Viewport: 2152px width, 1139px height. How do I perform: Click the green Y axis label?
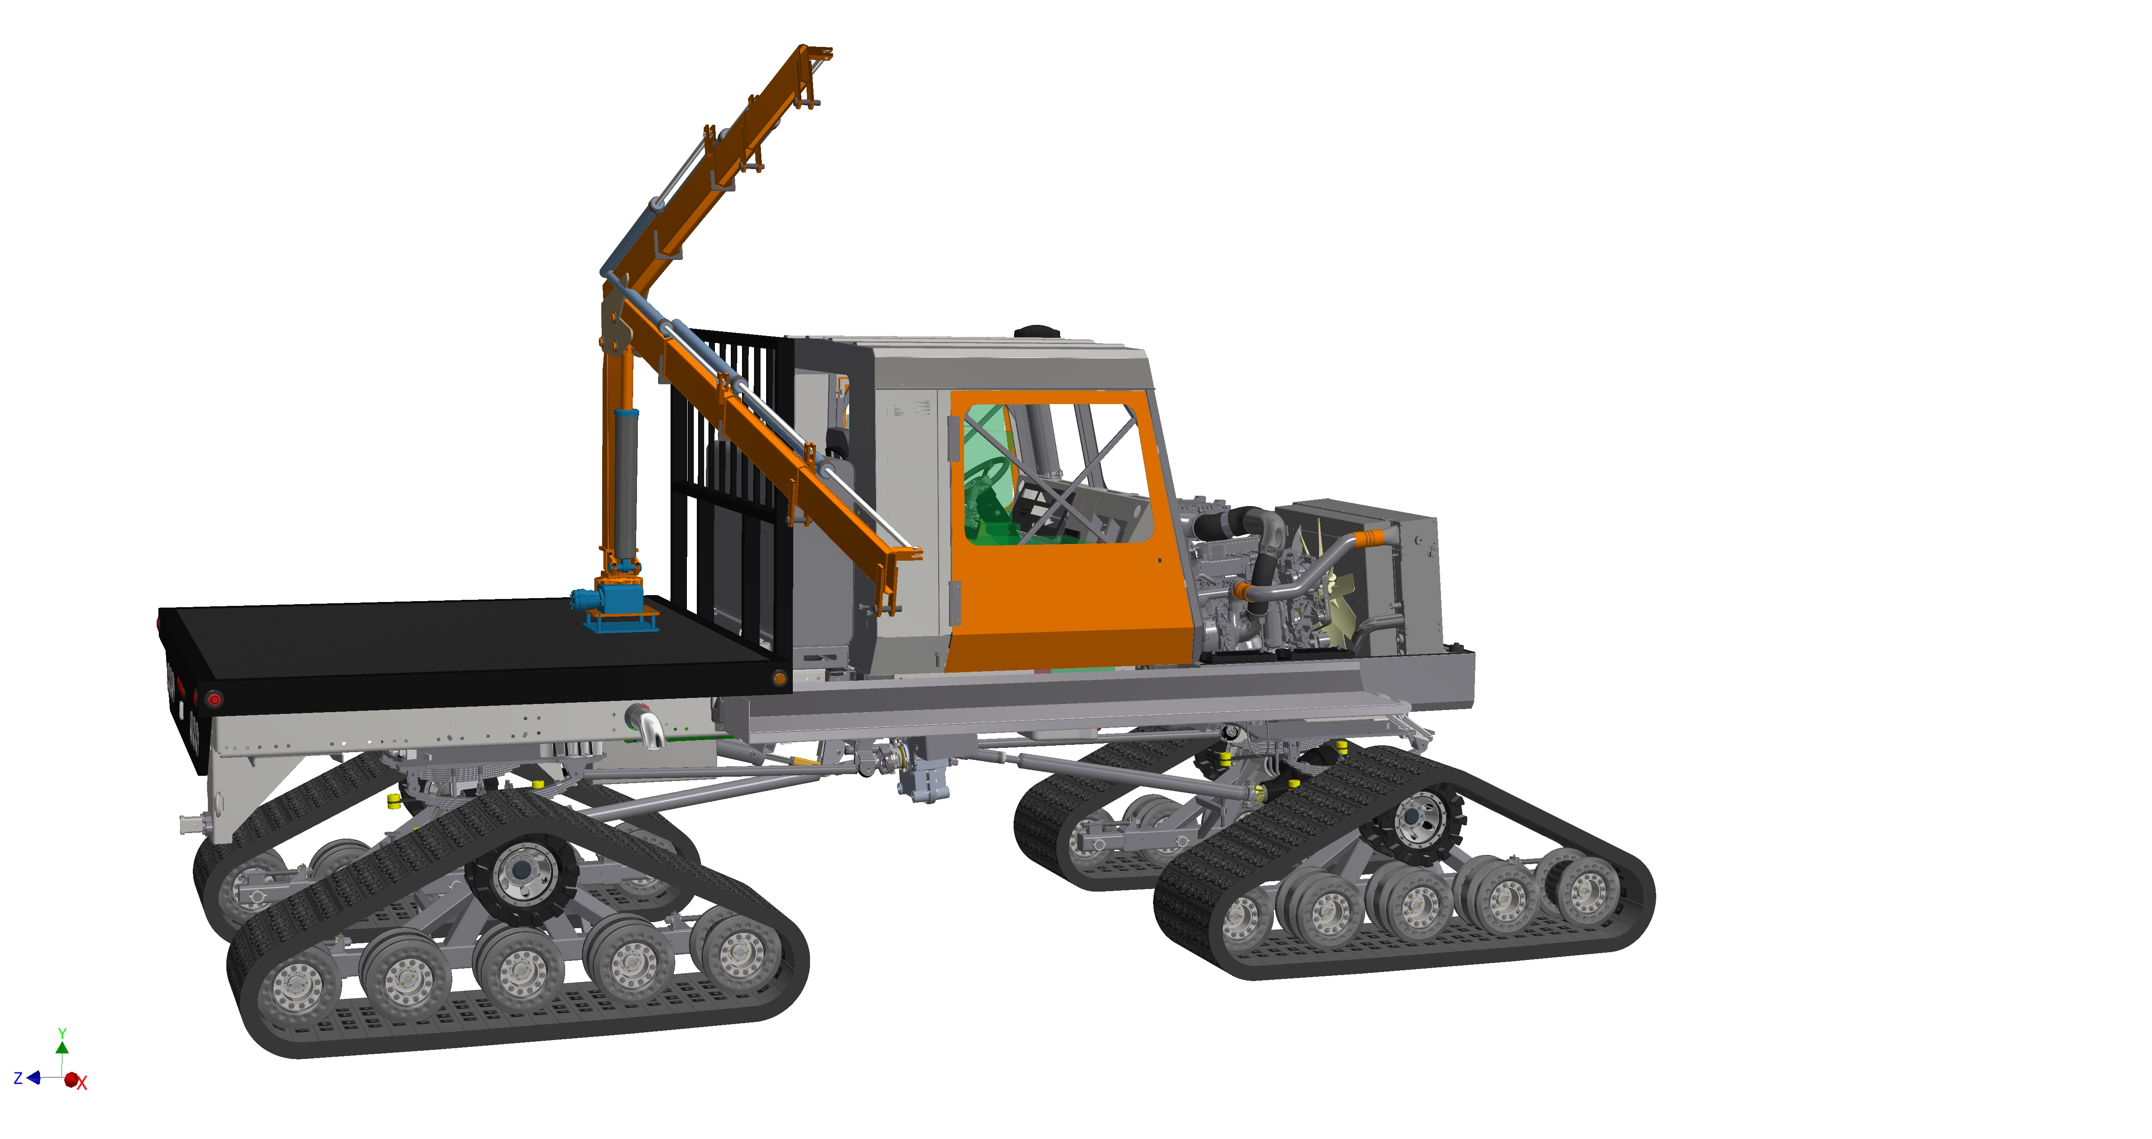(x=62, y=1034)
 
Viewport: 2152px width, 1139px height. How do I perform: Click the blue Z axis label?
(x=18, y=1078)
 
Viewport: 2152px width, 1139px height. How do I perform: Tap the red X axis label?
(x=82, y=1084)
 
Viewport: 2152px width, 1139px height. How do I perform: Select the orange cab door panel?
(x=1069, y=534)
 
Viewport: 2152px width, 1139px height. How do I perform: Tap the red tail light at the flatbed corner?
(x=215, y=698)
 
